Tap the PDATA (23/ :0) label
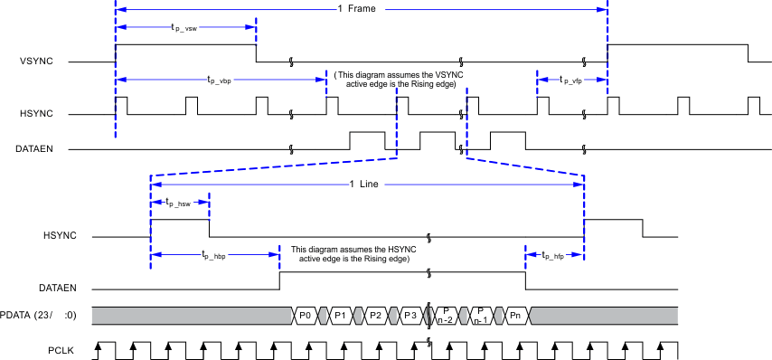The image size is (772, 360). (40, 315)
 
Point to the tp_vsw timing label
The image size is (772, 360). (185, 27)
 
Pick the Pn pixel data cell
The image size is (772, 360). (515, 315)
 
